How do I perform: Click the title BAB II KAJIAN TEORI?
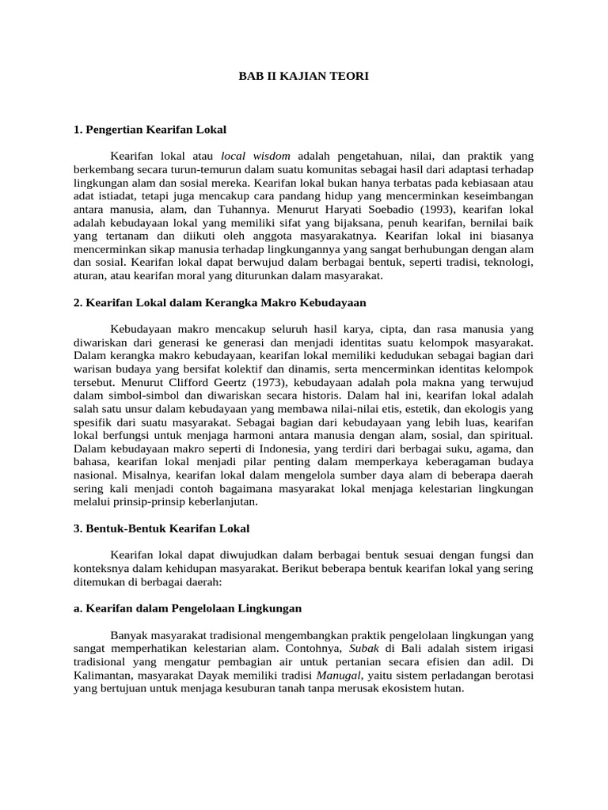tap(304, 77)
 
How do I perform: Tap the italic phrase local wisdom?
tap(256, 156)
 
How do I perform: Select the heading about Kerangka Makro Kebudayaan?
tap(219, 303)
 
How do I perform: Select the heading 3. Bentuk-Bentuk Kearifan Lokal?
tap(161, 528)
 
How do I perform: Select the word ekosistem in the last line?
tap(404, 689)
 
